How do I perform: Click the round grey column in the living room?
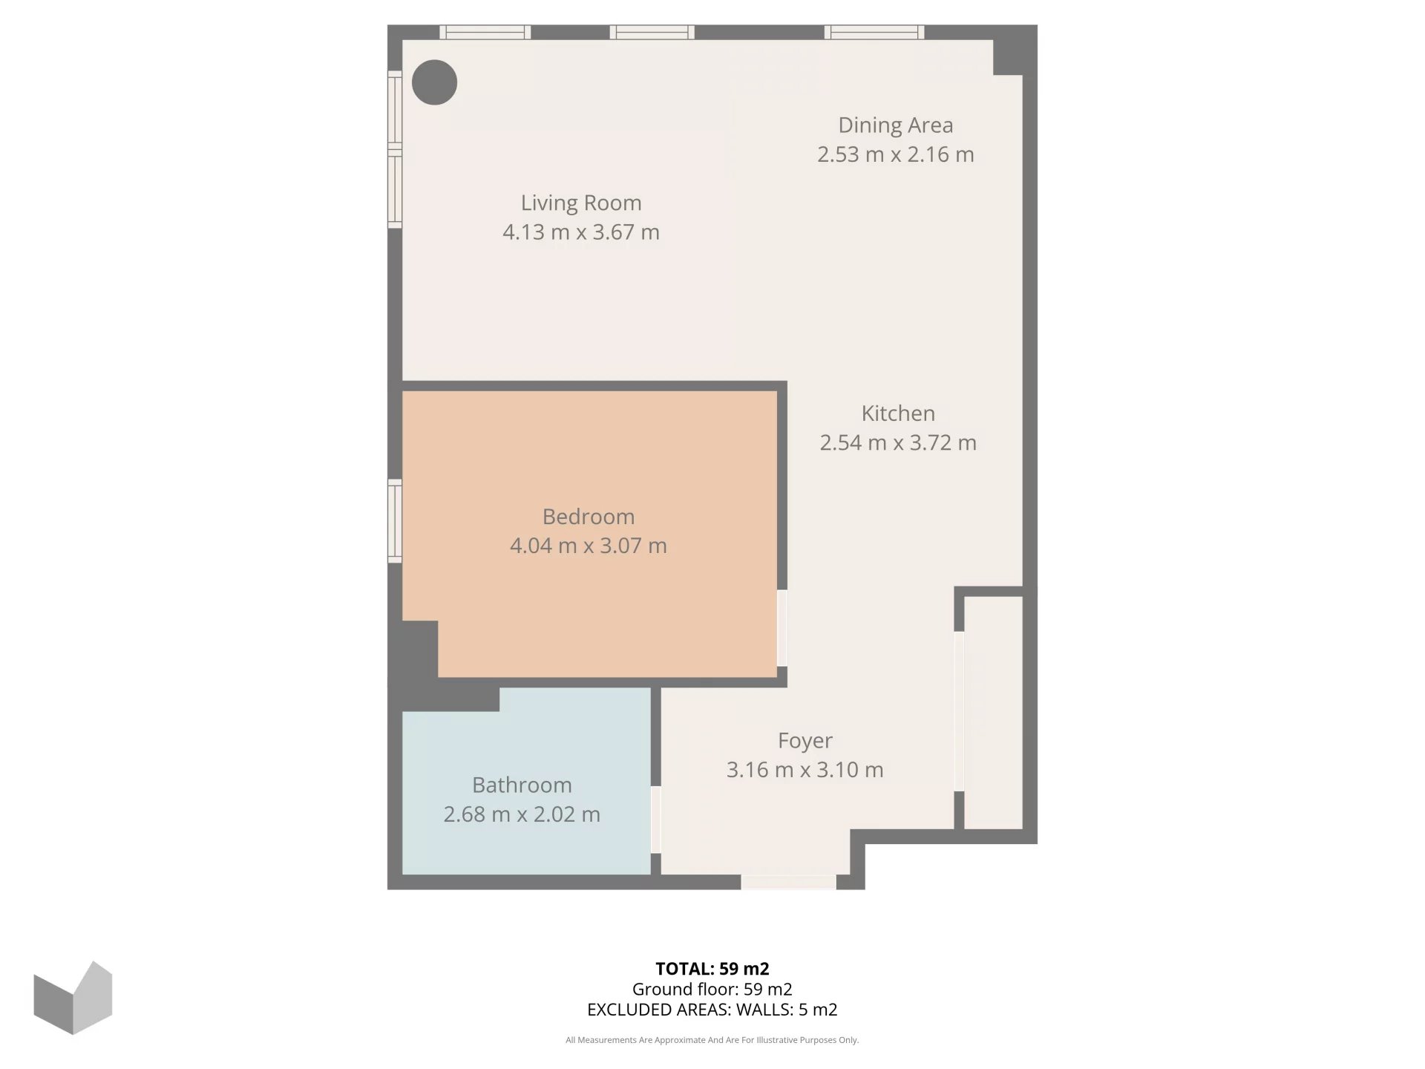pos(434,82)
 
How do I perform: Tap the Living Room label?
pos(581,203)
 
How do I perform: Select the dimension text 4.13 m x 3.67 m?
pos(581,232)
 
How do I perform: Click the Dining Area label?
pos(896,125)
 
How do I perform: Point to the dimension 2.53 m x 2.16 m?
pos(896,154)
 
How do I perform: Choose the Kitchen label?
pos(898,413)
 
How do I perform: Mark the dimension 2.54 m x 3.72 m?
pos(898,443)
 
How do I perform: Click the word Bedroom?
pos(589,517)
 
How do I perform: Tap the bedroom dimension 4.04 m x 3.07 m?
pos(589,546)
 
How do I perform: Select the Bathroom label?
pos(522,785)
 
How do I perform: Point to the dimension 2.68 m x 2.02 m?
pos(522,814)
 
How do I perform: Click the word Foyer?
pos(805,741)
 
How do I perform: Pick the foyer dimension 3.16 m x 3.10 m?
pos(805,770)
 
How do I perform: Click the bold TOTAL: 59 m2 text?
pos(712,969)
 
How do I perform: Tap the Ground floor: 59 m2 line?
pos(712,989)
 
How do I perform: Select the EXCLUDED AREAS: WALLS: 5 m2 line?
pos(712,1010)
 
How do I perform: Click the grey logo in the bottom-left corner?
pos(73,998)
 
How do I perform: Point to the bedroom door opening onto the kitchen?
pos(782,628)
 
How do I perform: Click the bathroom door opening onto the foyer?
pos(656,820)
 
